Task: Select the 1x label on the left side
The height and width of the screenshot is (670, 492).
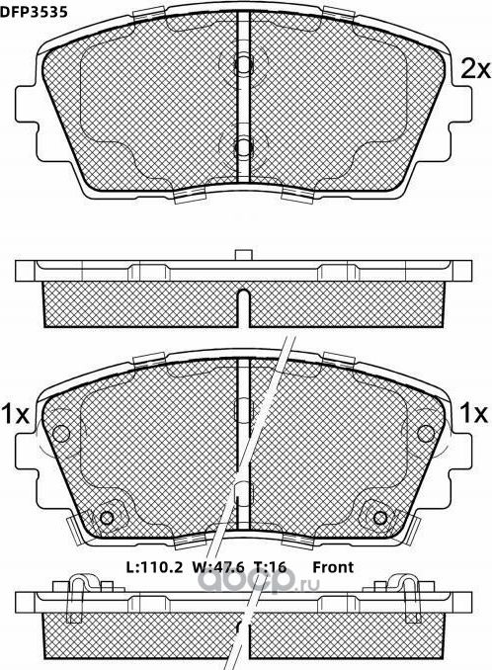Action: (x=15, y=413)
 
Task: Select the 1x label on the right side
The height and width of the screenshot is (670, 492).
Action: (x=475, y=413)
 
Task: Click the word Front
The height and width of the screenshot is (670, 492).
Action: (x=334, y=567)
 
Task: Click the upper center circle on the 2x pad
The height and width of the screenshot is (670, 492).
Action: (x=244, y=62)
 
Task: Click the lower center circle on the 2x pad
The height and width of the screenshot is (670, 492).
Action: (x=244, y=147)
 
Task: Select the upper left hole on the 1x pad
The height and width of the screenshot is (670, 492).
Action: (x=62, y=433)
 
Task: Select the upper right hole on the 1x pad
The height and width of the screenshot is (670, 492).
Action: (x=427, y=433)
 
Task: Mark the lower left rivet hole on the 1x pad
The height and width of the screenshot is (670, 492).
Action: (x=108, y=520)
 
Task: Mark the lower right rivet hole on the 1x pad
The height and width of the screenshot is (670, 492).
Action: (x=381, y=520)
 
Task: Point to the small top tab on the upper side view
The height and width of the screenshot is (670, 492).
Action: (x=240, y=257)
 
